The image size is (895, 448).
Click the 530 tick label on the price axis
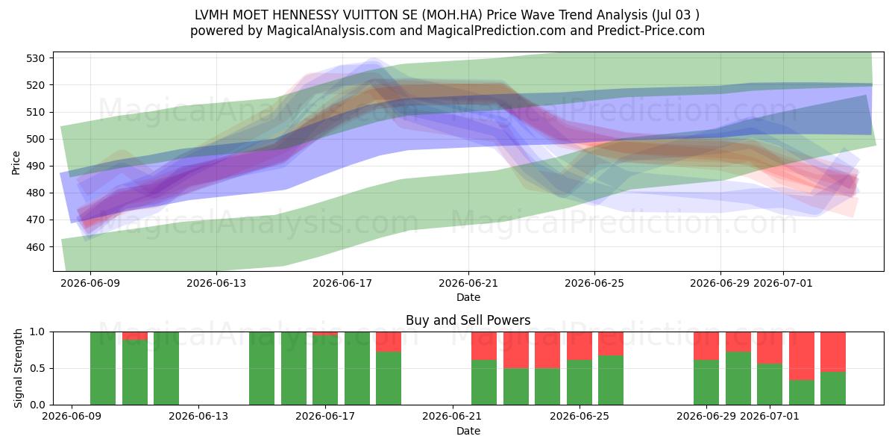click(35, 58)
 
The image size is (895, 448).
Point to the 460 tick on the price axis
click(35, 247)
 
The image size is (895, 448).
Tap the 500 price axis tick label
click(35, 139)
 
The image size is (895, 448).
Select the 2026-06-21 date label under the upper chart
click(468, 283)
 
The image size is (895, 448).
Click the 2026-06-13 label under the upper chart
click(216, 283)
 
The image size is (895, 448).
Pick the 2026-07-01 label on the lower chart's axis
click(769, 416)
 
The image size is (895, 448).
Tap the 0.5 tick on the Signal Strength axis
click(37, 368)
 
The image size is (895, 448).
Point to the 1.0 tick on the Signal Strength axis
click(37, 332)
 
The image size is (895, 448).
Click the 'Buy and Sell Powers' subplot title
click(468, 320)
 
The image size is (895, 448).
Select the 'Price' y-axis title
click(16, 163)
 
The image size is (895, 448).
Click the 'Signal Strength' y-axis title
click(18, 368)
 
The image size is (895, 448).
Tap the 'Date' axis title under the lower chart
click(468, 431)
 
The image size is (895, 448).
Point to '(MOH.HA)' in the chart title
click(451, 15)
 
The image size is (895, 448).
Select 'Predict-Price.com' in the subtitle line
click(651, 31)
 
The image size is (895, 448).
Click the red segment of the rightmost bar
click(833, 352)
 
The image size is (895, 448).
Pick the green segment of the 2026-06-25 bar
click(611, 380)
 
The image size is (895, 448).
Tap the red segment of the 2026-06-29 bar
click(706, 346)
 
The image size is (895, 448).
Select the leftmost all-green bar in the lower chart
click(103, 368)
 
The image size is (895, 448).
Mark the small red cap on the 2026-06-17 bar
click(325, 334)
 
